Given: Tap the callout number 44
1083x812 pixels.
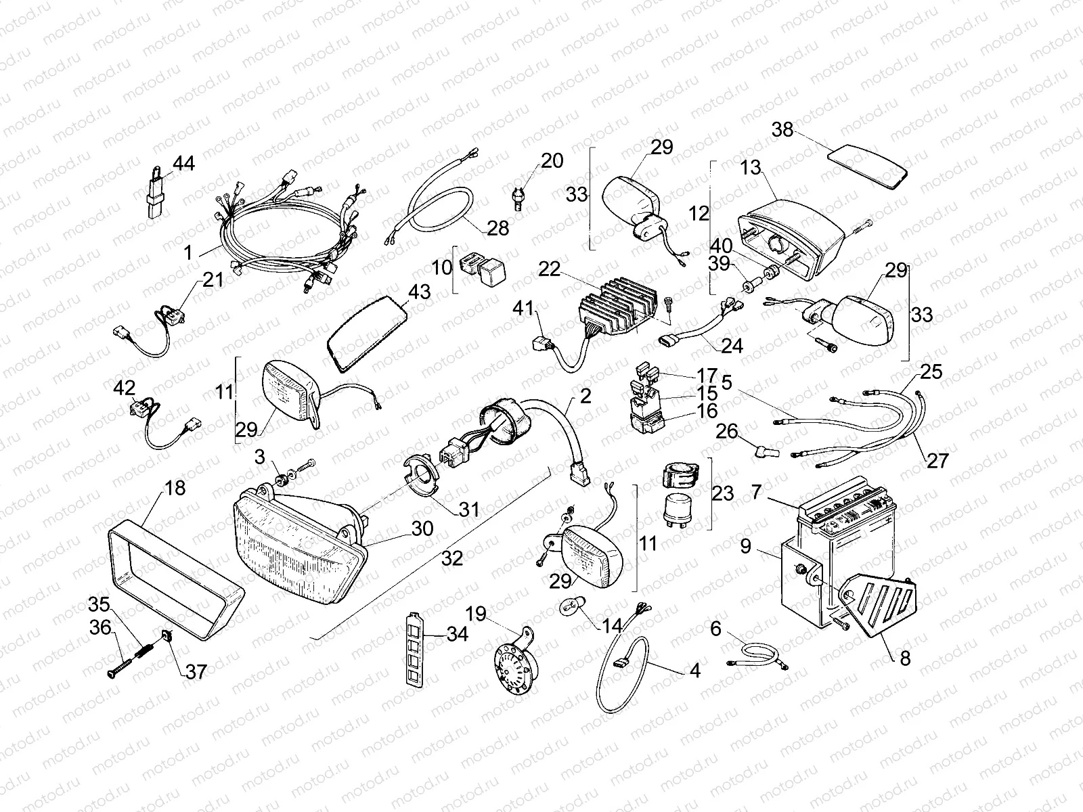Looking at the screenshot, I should click(183, 163).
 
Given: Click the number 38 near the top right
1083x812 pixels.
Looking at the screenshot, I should click(782, 129).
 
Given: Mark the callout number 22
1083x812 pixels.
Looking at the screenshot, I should click(550, 269).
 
